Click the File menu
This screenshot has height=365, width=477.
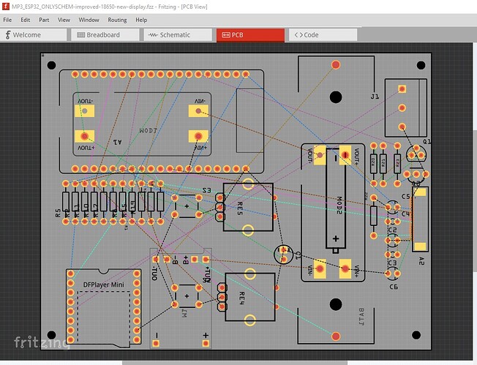pyautogui.click(x=7, y=20)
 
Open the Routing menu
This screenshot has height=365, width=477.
pyautogui.click(x=117, y=20)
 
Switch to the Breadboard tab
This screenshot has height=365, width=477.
pyautogui.click(x=103, y=34)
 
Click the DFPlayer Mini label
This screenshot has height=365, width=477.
pyautogui.click(x=103, y=284)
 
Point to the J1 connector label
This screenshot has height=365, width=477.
pyautogui.click(x=375, y=96)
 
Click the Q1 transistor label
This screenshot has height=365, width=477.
pyautogui.click(x=427, y=140)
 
